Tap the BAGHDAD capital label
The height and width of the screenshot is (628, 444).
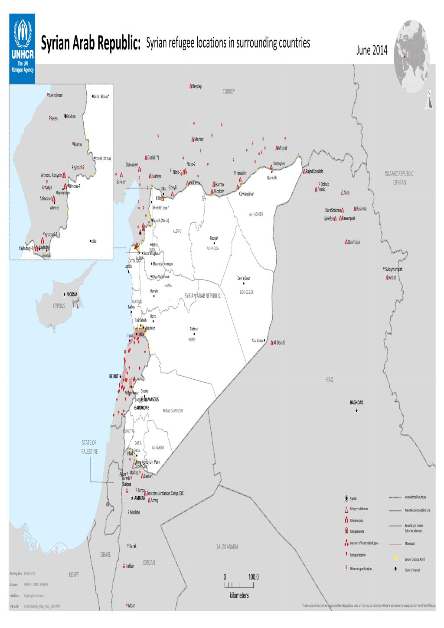pos(356,402)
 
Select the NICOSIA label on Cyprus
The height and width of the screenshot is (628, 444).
pos(72,294)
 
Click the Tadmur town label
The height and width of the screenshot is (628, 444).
pos(194,329)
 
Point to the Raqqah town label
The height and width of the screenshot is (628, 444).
pos(214,238)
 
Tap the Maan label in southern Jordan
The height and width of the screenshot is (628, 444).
pos(131,605)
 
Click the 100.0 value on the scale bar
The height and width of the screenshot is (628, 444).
pos(253,577)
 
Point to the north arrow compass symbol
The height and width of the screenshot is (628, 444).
pos(429,101)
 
